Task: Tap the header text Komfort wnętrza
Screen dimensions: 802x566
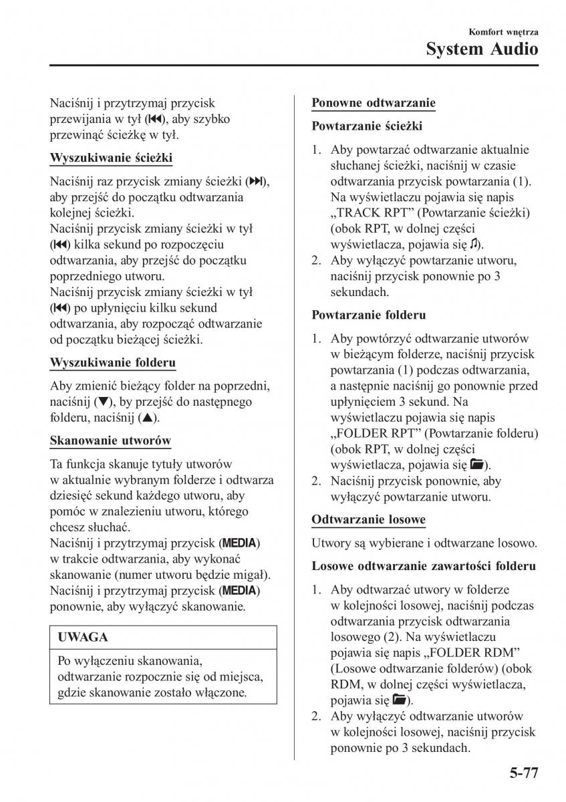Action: click(504, 31)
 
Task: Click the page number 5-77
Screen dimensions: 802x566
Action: click(517, 775)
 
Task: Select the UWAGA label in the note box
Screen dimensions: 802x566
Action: click(83, 638)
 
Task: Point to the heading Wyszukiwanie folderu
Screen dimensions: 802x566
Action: click(113, 363)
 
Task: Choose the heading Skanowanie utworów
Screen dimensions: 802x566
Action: click(110, 440)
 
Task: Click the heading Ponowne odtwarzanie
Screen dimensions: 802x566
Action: click(374, 103)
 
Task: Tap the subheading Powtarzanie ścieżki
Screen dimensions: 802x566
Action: click(367, 126)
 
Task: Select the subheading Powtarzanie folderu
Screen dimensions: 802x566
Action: click(369, 314)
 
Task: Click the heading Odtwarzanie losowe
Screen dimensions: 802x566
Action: click(369, 519)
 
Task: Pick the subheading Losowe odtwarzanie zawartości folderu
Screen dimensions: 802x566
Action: click(424, 566)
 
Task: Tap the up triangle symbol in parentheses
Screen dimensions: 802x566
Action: click(147, 418)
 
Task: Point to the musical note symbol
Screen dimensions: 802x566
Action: click(474, 245)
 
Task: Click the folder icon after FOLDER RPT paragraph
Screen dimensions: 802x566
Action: click(477, 464)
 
